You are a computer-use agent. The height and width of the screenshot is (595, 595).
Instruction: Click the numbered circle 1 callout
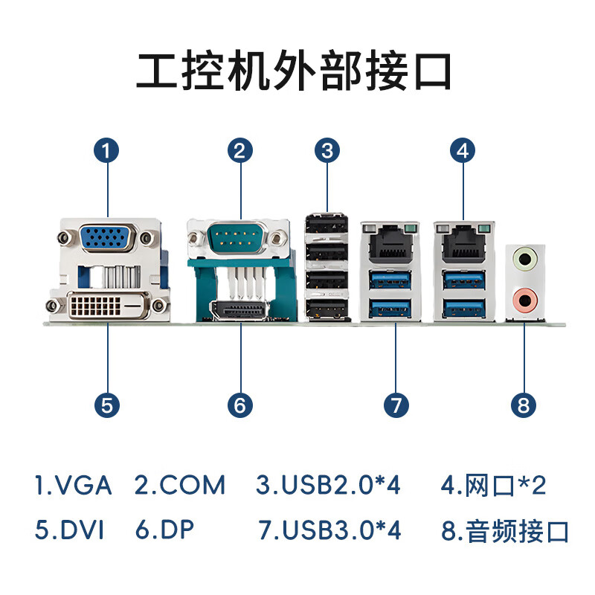[x=106, y=150]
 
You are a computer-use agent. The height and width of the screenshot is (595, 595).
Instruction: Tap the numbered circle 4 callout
[x=463, y=150]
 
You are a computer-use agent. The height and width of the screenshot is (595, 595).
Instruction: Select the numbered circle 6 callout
[x=240, y=405]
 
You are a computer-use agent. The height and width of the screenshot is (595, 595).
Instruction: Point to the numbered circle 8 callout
[x=524, y=405]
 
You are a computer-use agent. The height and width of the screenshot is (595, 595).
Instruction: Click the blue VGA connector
[x=107, y=237]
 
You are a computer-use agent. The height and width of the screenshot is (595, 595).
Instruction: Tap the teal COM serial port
[x=238, y=238]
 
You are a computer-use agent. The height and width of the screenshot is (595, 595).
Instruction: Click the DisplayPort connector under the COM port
[x=239, y=310]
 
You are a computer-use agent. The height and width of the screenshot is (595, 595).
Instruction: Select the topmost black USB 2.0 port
[x=327, y=225]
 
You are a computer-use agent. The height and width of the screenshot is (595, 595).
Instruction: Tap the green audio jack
[x=525, y=260]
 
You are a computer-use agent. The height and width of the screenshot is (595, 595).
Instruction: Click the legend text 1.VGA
[x=73, y=485]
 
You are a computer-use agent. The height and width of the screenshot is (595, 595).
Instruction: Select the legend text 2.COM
[x=180, y=485]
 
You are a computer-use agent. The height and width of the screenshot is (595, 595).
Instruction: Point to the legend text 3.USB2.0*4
[x=328, y=485]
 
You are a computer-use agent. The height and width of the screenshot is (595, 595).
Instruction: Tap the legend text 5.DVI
[x=69, y=530]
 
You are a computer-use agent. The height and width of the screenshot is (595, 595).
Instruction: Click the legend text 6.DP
[x=164, y=530]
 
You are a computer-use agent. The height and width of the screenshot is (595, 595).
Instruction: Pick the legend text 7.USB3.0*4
[x=329, y=530]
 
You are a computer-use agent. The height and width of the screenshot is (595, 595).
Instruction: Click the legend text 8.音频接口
[x=505, y=531]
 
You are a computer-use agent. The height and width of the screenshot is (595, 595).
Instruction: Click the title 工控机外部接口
[x=294, y=71]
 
